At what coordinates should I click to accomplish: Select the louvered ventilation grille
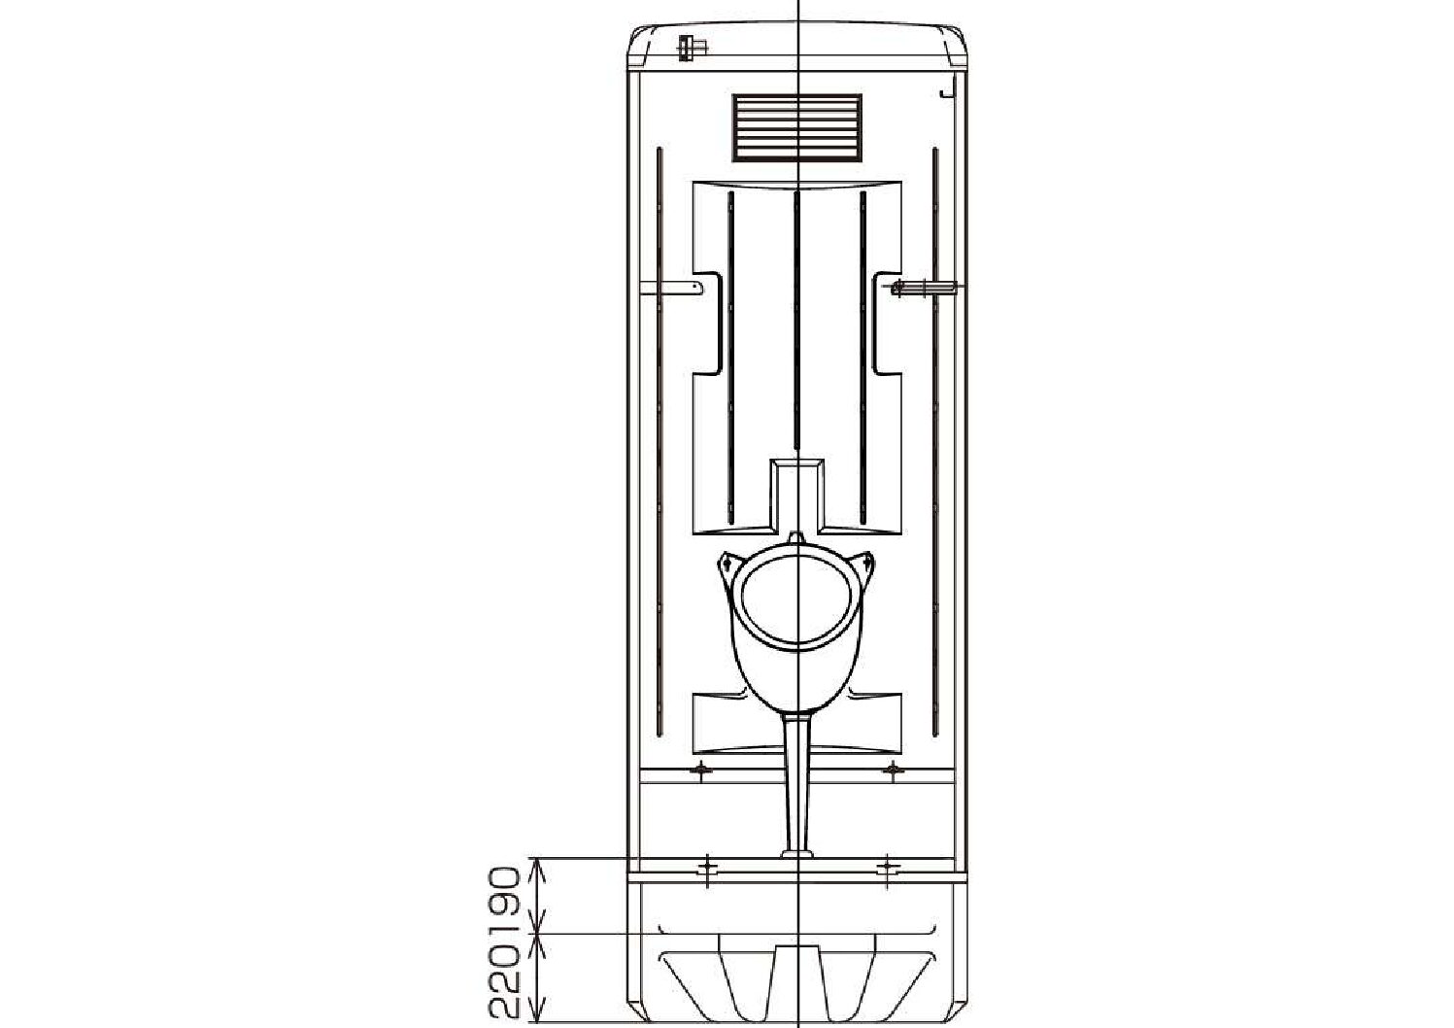pos(797,127)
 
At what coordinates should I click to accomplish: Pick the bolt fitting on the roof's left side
pos(692,48)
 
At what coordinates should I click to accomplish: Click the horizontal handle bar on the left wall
pos(671,288)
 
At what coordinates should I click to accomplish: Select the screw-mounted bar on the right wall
pos(924,287)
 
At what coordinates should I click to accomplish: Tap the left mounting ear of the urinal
pos(728,564)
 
